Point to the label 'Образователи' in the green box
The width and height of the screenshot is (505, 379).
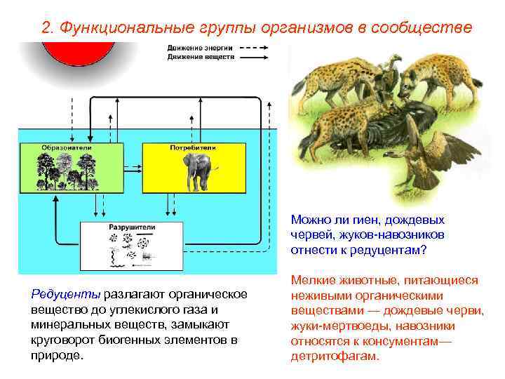(61, 148)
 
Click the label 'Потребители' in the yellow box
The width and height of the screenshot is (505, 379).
(193, 148)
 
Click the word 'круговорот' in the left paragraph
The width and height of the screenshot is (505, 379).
(62, 340)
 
